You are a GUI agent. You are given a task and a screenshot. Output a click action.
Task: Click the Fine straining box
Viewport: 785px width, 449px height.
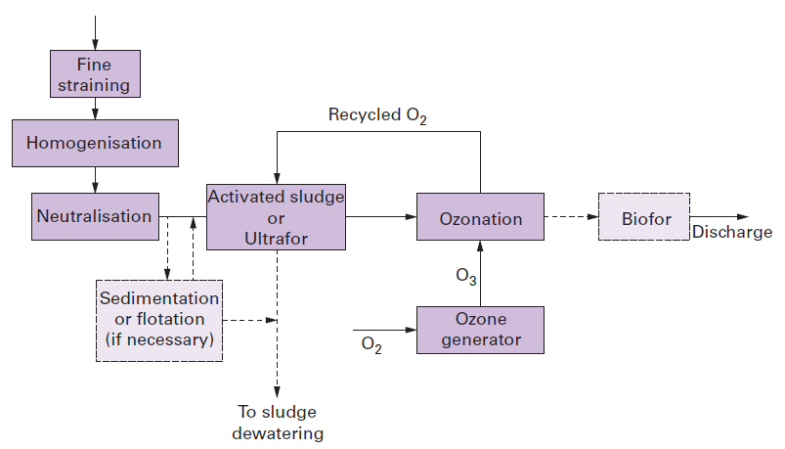(94, 74)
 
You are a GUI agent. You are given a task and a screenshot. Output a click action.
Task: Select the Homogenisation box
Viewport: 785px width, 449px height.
(94, 143)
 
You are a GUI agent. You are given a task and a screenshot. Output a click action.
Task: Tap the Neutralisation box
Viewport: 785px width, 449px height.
(94, 216)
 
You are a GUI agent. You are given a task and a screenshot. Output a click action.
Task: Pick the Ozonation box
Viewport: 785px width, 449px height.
(480, 218)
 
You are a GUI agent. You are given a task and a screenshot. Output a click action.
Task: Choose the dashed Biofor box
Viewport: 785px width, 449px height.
(645, 217)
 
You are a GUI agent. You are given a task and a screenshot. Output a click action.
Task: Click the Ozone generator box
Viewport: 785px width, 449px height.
(480, 330)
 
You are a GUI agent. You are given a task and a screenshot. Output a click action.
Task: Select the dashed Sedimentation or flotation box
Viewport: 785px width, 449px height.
(159, 320)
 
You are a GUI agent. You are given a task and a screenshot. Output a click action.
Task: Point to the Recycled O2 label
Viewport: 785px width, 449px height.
(377, 115)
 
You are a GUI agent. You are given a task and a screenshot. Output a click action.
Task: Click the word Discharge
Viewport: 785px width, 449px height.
(732, 233)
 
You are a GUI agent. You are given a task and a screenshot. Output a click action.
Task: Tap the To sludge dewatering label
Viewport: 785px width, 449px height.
(278, 422)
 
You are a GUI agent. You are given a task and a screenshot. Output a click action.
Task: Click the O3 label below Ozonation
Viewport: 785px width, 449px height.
(466, 277)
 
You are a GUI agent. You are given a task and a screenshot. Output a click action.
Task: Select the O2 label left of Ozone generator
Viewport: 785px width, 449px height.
(371, 344)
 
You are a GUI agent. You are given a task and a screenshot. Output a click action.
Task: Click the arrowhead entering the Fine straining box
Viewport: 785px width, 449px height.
(95, 44)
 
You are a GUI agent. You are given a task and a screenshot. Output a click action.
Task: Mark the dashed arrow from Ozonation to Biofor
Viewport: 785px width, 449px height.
(570, 217)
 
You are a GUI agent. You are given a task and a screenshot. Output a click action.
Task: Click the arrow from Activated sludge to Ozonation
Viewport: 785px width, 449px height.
(381, 217)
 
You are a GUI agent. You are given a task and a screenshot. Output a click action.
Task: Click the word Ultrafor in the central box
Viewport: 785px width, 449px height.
(276, 238)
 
